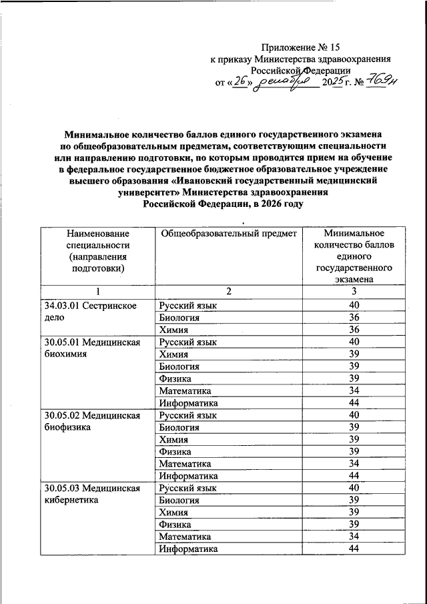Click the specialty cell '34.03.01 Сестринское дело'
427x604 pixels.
[x=89, y=312]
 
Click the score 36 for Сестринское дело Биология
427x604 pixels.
[x=354, y=318]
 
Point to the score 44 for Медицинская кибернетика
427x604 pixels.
[x=354, y=549]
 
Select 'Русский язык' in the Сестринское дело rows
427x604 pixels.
[x=188, y=306]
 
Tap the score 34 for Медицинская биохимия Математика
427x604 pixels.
[x=354, y=390]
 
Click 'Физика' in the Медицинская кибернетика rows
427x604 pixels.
[x=174, y=525]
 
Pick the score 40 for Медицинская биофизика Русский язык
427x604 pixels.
[x=354, y=415]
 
